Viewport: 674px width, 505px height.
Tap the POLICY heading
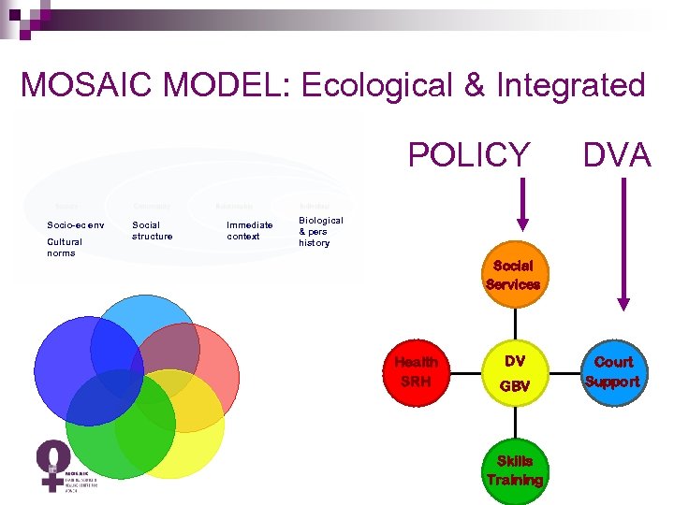pyautogui.click(x=469, y=154)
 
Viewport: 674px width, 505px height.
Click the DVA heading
pyautogui.click(x=617, y=154)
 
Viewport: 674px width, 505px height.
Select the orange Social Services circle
pyautogui.click(x=513, y=274)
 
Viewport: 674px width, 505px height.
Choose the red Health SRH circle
pyautogui.click(x=416, y=371)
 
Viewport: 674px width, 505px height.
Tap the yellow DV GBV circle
pyautogui.click(x=515, y=372)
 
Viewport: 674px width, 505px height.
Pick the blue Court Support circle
pyautogui.click(x=614, y=371)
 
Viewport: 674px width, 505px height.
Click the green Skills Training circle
pyautogui.click(x=514, y=470)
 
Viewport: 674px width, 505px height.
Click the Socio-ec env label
pyautogui.click(x=76, y=225)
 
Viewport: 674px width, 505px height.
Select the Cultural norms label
pyautogui.click(x=65, y=247)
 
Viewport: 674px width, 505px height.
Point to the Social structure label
pyautogui.click(x=153, y=230)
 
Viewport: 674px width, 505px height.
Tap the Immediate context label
pyautogui.click(x=249, y=230)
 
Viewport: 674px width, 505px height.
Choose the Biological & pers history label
pyautogui.click(x=321, y=231)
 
